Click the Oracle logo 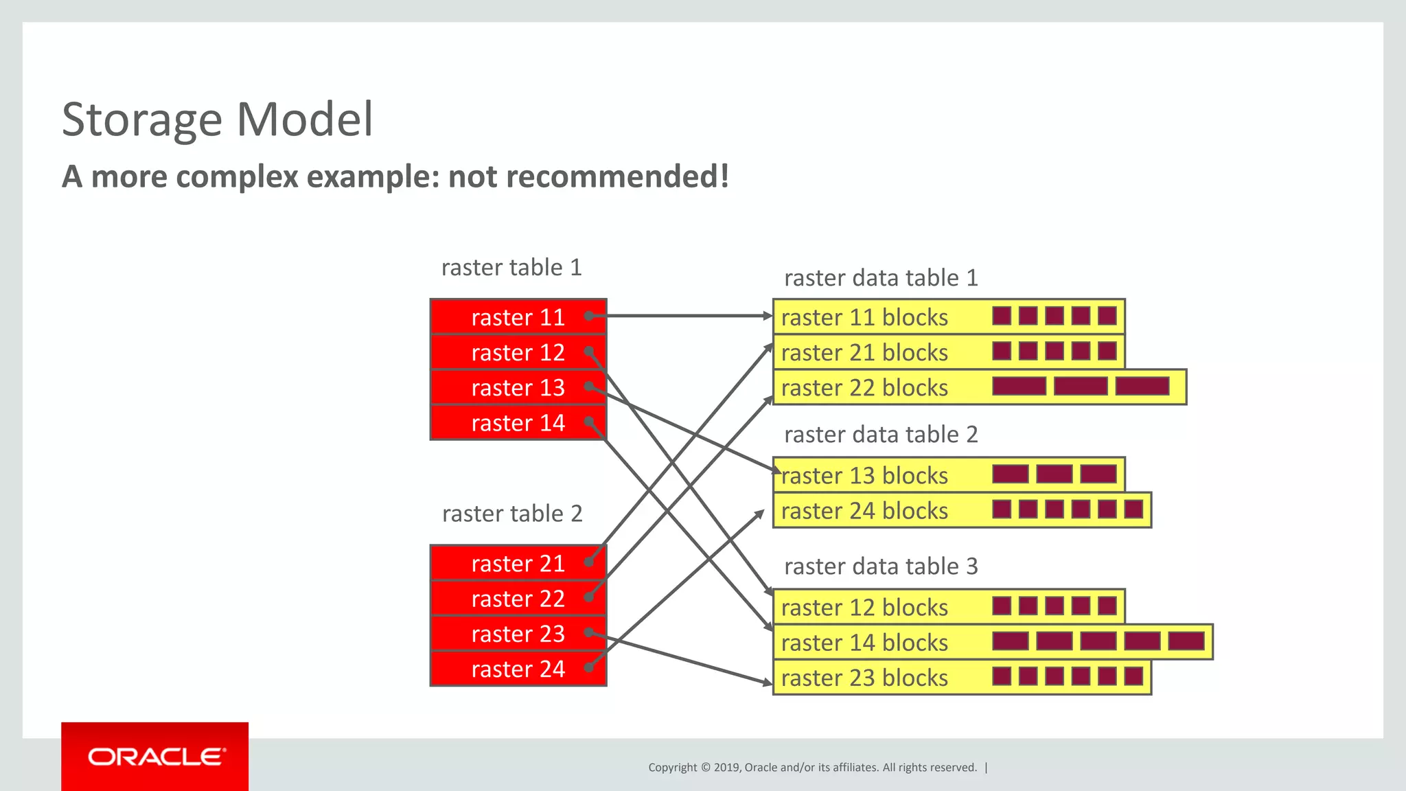pyautogui.click(x=155, y=757)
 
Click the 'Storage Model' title pyautogui.click(x=217, y=119)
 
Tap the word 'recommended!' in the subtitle pyautogui.click(x=588, y=176)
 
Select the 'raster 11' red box pyautogui.click(x=518, y=317)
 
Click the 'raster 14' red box pyautogui.click(x=518, y=423)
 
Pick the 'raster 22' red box pyautogui.click(x=518, y=599)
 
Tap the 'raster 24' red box pyautogui.click(x=518, y=669)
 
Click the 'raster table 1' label pyautogui.click(x=511, y=267)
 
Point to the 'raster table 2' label pyautogui.click(x=512, y=514)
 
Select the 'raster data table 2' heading pyautogui.click(x=881, y=435)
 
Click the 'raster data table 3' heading pyautogui.click(x=881, y=566)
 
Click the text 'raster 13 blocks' pyautogui.click(x=864, y=476)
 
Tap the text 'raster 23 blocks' pyautogui.click(x=864, y=678)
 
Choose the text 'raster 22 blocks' pyautogui.click(x=864, y=388)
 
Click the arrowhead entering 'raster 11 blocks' pyautogui.click(x=768, y=316)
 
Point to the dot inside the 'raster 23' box pyautogui.click(x=589, y=632)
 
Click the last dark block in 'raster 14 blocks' pyautogui.click(x=1186, y=641)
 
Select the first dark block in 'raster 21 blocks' pyautogui.click(x=1002, y=352)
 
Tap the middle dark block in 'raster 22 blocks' pyautogui.click(x=1081, y=386)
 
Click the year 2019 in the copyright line pyautogui.click(x=726, y=768)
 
